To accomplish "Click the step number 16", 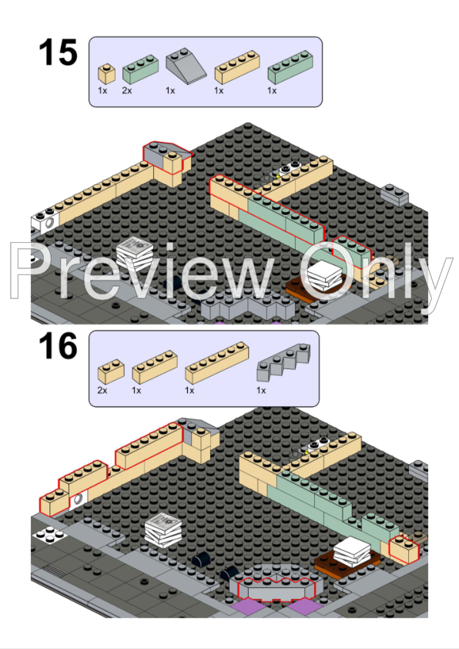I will tap(58, 347).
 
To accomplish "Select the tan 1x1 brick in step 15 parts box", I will tap(106, 74).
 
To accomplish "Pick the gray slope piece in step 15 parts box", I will tap(186, 69).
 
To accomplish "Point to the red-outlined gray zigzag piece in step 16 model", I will tap(276, 588).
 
